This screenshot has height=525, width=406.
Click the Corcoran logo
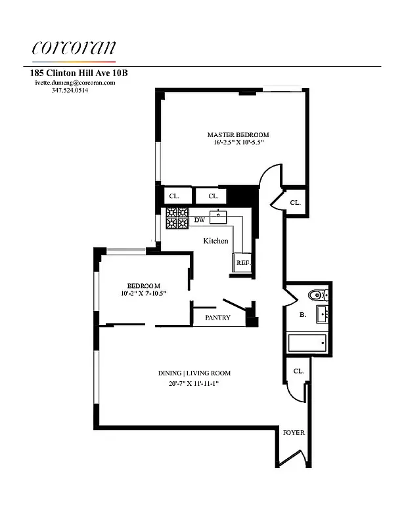click(74, 48)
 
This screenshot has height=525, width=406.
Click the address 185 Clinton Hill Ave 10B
click(79, 73)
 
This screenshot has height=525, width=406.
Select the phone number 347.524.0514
click(70, 91)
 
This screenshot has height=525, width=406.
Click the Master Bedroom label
click(238, 135)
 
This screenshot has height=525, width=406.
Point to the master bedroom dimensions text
click(238, 143)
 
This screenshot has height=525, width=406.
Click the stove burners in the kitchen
click(177, 218)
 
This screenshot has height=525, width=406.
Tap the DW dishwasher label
click(199, 220)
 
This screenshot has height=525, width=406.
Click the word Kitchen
click(215, 241)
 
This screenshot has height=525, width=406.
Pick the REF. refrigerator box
click(242, 262)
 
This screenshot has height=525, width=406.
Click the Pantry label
click(217, 318)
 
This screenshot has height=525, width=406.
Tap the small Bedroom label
click(143, 285)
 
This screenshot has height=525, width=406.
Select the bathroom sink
click(322, 314)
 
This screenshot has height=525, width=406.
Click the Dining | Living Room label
click(194, 373)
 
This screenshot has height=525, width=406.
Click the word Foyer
click(293, 433)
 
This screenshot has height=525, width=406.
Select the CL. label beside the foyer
click(298, 371)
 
